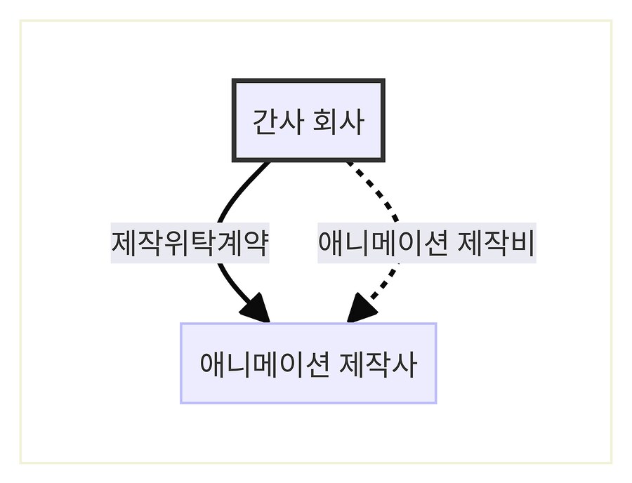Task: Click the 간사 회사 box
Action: point(308,121)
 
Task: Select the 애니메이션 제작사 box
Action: point(308,363)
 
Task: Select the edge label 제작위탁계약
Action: point(190,244)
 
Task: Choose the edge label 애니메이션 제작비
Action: point(427,244)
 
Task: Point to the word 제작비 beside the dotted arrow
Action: point(496,244)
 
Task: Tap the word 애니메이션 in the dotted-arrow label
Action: point(383,244)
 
